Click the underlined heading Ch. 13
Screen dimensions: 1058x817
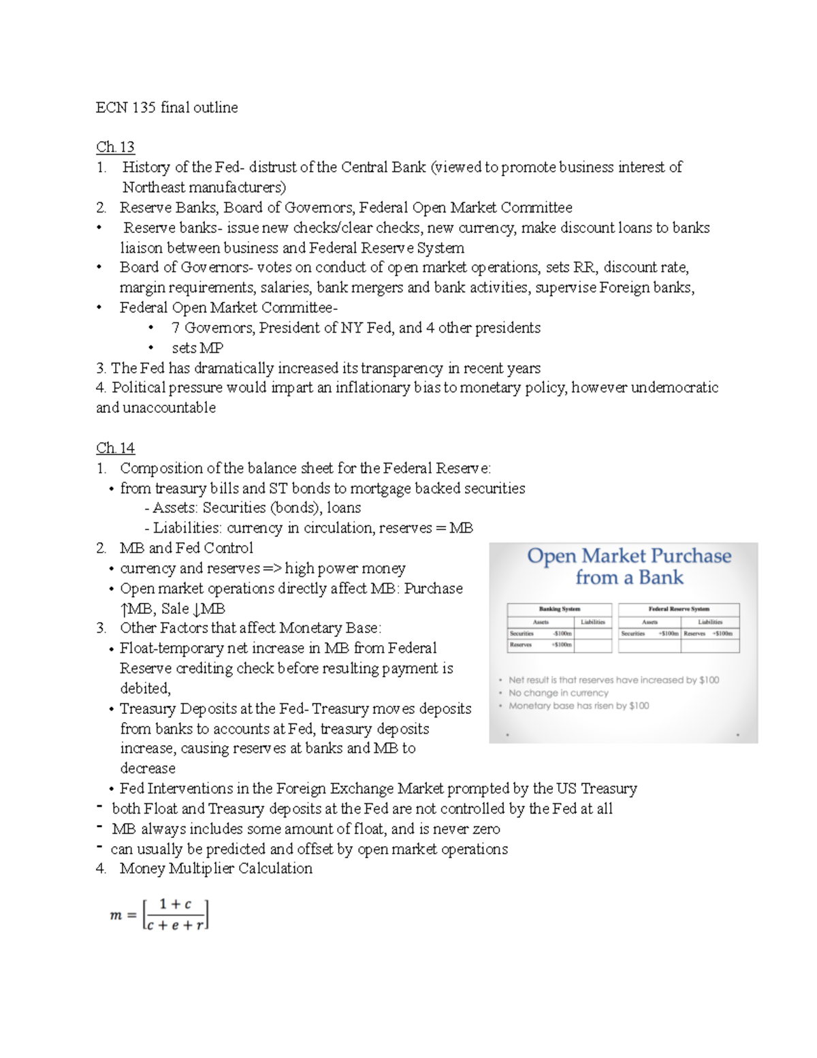[x=115, y=147]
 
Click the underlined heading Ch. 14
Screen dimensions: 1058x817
[x=115, y=448]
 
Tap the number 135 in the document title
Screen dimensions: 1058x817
[x=144, y=108]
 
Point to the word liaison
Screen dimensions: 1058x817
[x=142, y=248]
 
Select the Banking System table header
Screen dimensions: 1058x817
[x=559, y=609]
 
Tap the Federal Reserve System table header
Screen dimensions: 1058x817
[x=678, y=609]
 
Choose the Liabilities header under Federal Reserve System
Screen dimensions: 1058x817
[x=709, y=622]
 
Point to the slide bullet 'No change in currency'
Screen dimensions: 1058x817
[x=558, y=693]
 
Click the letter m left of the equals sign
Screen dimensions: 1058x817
[x=115, y=916]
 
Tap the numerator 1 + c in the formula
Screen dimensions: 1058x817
[x=175, y=905]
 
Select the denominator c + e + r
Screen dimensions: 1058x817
[x=175, y=926]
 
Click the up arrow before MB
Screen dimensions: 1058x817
[x=124, y=609]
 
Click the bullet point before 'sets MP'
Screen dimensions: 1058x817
[x=150, y=348]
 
